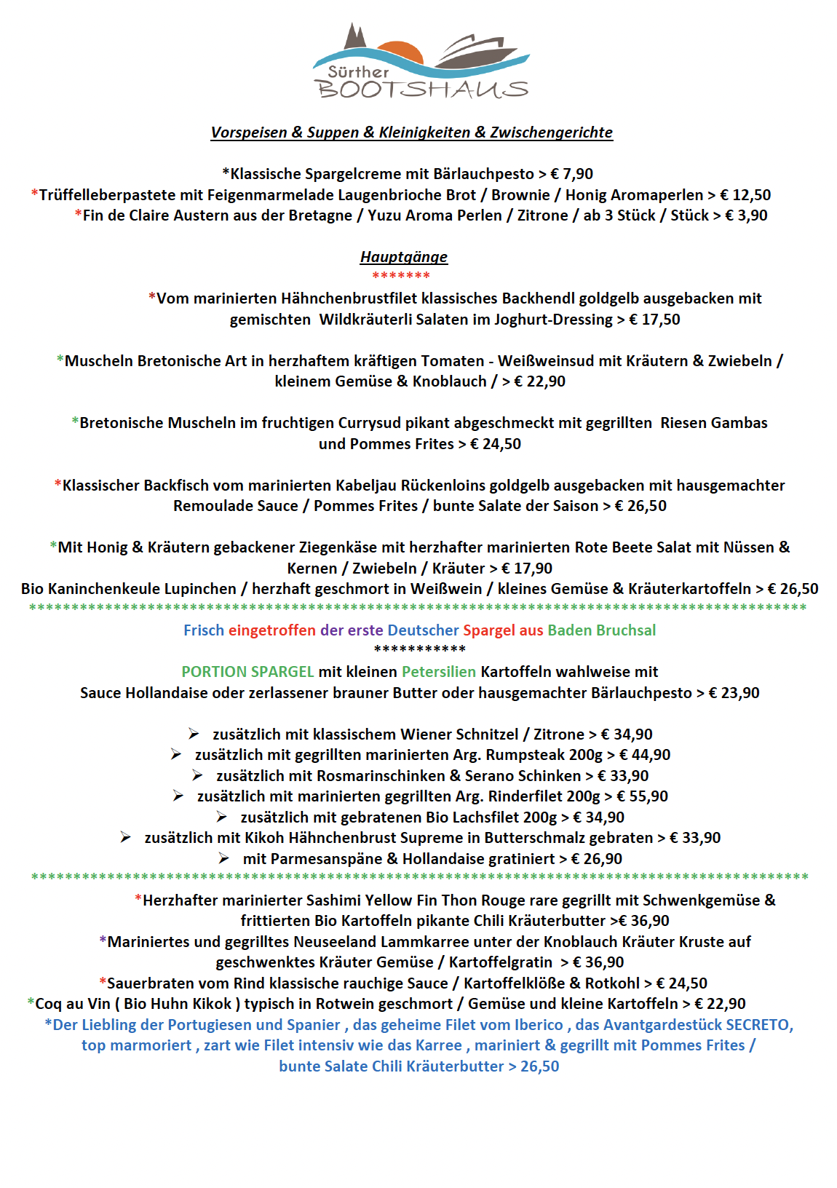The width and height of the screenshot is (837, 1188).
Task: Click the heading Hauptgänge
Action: click(404, 257)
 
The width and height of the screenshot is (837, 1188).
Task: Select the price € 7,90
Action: click(572, 174)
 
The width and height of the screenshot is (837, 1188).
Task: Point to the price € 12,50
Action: click(745, 195)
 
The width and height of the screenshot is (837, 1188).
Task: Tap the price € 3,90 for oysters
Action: click(746, 215)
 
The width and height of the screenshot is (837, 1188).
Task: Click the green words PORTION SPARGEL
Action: click(247, 672)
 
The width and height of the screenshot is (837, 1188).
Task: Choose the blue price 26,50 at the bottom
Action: click(539, 1066)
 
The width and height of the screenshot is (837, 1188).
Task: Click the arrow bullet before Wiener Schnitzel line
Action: click(194, 734)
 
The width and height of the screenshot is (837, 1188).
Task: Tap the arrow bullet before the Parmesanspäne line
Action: click(223, 859)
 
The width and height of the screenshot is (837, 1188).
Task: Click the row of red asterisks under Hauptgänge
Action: click(401, 276)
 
